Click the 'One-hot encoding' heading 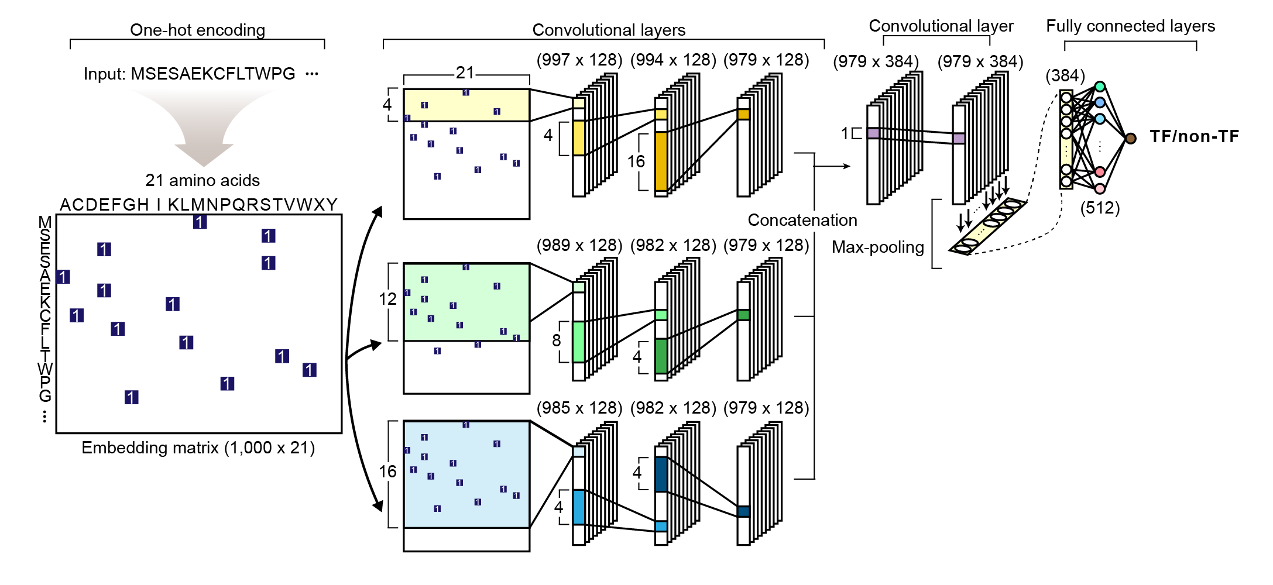tap(197, 30)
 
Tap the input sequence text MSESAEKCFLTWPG tap(213, 74)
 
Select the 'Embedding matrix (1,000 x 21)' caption tap(198, 448)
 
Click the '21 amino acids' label tap(203, 180)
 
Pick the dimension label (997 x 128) tap(579, 60)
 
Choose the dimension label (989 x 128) tap(579, 245)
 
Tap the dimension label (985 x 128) tap(579, 408)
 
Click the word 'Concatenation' tap(802, 220)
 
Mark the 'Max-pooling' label tap(877, 247)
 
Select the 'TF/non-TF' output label tap(1194, 136)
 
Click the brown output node tap(1131, 138)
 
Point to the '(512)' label tap(1100, 208)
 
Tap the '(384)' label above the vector tap(1065, 75)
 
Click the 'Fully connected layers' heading tap(1130, 26)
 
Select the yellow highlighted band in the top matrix tap(466, 105)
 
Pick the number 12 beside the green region tap(387, 299)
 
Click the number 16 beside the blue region tap(387, 472)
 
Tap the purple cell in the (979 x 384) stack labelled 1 tap(873, 133)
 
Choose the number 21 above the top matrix tap(465, 73)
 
